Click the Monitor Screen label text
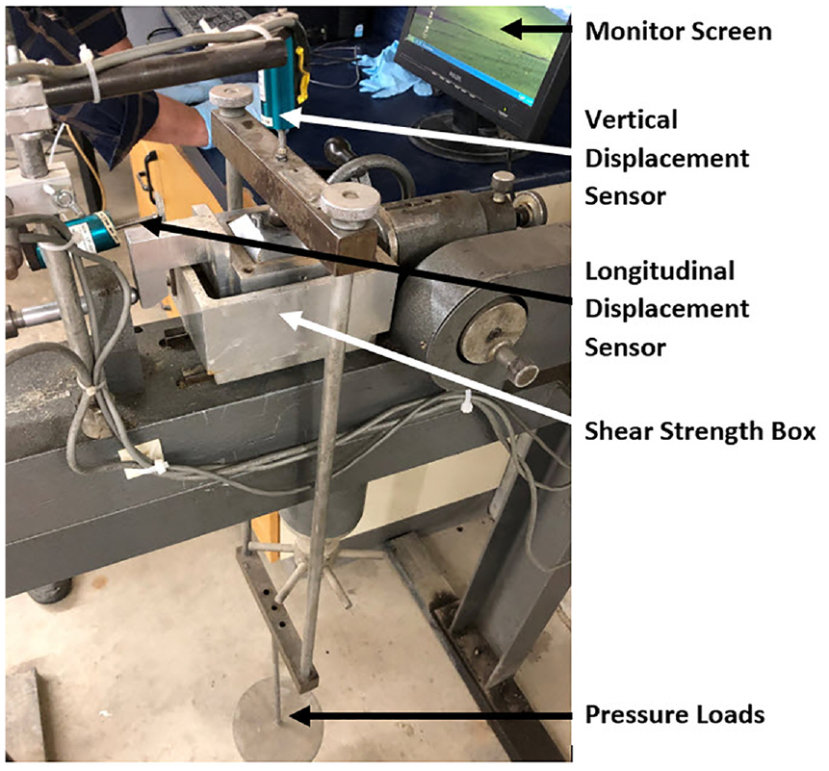pyautogui.click(x=679, y=31)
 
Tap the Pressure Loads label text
pyautogui.click(x=675, y=714)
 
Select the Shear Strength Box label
pyautogui.click(x=700, y=431)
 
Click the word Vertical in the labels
pyautogui.click(x=632, y=120)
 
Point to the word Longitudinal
pyautogui.click(x=660, y=271)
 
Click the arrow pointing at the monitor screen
pyautogui.click(x=535, y=29)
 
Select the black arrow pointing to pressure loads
pyautogui.click(x=429, y=716)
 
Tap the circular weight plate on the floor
pyautogui.click(x=278, y=721)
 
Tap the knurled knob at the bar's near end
pyautogui.click(x=350, y=206)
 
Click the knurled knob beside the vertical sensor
pyautogui.click(x=231, y=98)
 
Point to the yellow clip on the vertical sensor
pyautogui.click(x=301, y=74)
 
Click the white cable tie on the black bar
pyautogui.click(x=90, y=73)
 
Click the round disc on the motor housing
pyautogui.click(x=493, y=331)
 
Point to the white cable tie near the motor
pyautogui.click(x=466, y=403)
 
